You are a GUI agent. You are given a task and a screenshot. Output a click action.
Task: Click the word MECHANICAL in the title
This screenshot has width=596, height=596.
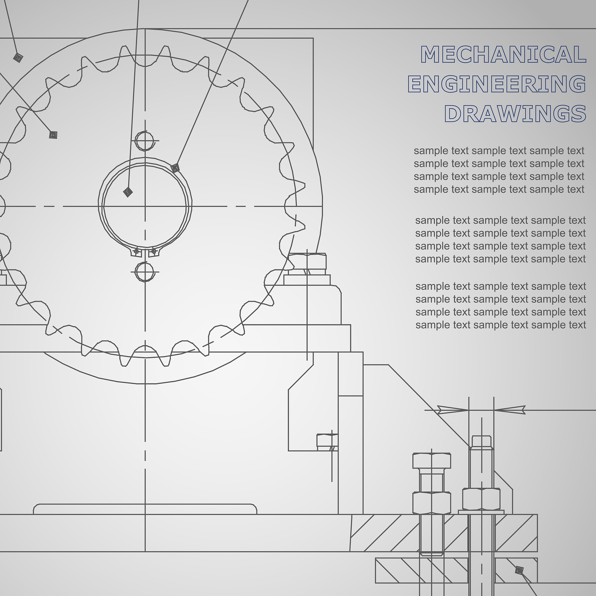[503, 54]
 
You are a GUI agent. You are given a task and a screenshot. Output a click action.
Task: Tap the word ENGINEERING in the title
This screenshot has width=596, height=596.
[497, 84]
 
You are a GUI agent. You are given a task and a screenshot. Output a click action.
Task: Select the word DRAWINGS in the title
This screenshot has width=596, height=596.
[515, 113]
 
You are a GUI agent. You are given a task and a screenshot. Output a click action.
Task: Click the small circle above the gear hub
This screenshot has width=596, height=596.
[145, 141]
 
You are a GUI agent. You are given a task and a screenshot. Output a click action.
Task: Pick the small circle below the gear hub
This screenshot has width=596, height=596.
[145, 272]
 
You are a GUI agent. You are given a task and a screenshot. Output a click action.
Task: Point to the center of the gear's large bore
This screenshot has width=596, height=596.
[145, 206]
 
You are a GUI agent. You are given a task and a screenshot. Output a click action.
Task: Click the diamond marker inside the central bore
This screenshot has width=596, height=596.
[128, 192]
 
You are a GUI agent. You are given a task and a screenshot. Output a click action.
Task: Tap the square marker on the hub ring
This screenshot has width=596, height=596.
[175, 168]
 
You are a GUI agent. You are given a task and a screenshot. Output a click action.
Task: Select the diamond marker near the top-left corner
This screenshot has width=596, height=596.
[18, 57]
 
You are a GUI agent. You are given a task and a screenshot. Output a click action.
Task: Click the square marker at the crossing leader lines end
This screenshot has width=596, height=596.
[53, 135]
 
